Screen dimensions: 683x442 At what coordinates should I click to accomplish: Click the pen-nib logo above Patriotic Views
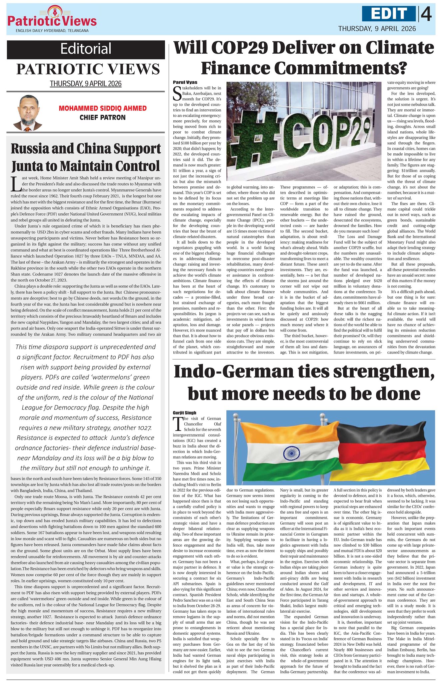pos(52,11)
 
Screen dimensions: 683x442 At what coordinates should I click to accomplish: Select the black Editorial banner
pos(86,49)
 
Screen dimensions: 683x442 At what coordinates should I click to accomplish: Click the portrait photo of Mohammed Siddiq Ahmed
pos(28,113)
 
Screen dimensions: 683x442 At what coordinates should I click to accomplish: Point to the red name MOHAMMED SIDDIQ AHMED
pos(102,108)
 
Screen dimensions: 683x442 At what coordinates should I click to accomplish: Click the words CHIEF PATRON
pos(102,117)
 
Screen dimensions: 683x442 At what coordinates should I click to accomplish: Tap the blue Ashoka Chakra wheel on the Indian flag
pos(292,453)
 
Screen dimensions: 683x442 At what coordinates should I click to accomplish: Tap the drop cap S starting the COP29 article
pos(177,93)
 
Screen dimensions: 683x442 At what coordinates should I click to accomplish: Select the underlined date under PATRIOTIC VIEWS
pos(86,84)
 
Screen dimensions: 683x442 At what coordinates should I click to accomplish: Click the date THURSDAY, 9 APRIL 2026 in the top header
pos(377,29)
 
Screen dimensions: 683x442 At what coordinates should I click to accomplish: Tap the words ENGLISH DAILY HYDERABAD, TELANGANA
pos(52,31)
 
